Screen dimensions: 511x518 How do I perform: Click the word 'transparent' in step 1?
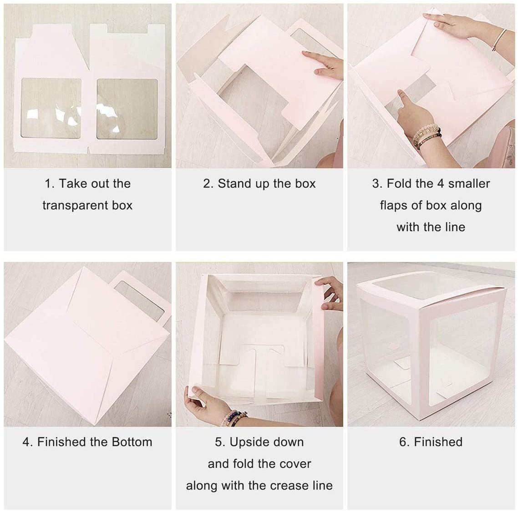pyautogui.click(x=71, y=205)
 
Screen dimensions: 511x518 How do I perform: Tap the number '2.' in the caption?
pyautogui.click(x=208, y=184)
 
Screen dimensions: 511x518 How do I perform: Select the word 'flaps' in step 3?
pyautogui.click(x=394, y=205)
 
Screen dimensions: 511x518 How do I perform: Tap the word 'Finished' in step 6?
pyautogui.click(x=437, y=442)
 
